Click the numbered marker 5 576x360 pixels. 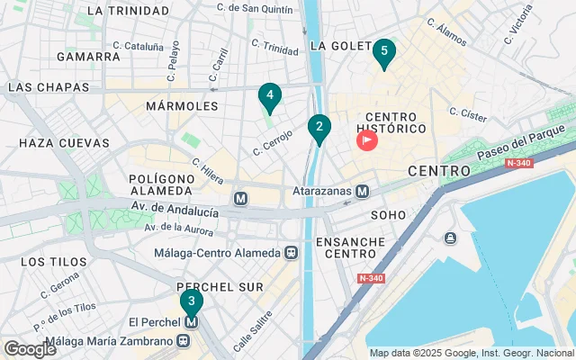pyautogui.click(x=384, y=53)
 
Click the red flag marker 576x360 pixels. pyautogui.click(x=368, y=141)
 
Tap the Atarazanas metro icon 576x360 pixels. pyautogui.click(x=362, y=191)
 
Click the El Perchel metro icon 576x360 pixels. pyautogui.click(x=191, y=322)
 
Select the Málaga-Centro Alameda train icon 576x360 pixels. pyautogui.click(x=291, y=253)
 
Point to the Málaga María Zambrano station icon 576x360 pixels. pyautogui.click(x=184, y=341)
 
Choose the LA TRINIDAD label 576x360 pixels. pyautogui.click(x=129, y=11)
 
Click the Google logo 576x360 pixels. pyautogui.click(x=30, y=348)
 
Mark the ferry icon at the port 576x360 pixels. pyautogui.click(x=450, y=238)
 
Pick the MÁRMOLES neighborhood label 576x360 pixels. pyautogui.click(x=181, y=106)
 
